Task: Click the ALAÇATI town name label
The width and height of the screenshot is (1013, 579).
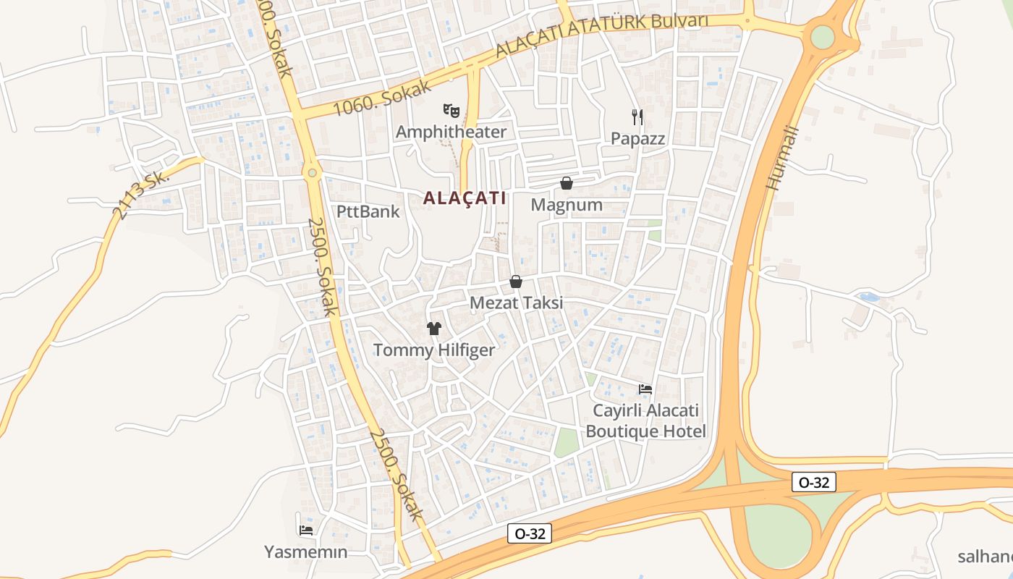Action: click(x=464, y=198)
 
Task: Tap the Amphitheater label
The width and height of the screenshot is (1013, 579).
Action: click(x=451, y=132)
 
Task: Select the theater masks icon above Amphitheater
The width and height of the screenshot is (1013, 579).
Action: click(x=452, y=111)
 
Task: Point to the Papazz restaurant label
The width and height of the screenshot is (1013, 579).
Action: click(x=637, y=138)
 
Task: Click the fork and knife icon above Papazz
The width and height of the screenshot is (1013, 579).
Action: click(x=637, y=117)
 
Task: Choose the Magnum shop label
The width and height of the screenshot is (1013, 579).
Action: click(x=567, y=205)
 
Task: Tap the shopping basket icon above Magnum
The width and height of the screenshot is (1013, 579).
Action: click(x=567, y=184)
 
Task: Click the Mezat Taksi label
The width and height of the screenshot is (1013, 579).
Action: click(x=516, y=303)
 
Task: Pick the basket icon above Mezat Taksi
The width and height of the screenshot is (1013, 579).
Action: click(x=516, y=282)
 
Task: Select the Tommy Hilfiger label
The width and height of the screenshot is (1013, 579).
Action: click(x=434, y=350)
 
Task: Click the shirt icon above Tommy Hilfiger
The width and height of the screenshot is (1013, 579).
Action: click(x=434, y=329)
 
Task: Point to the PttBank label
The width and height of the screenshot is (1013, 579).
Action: click(x=368, y=211)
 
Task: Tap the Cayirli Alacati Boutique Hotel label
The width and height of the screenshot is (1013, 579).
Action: click(x=645, y=420)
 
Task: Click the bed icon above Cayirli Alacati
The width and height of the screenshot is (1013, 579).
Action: click(x=645, y=389)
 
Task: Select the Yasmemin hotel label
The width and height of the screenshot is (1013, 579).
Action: click(x=305, y=551)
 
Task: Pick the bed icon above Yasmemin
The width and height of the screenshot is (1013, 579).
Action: click(x=305, y=531)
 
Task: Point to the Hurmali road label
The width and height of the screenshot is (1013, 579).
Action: click(x=782, y=158)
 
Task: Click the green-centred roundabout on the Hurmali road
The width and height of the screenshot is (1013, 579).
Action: click(x=823, y=35)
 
